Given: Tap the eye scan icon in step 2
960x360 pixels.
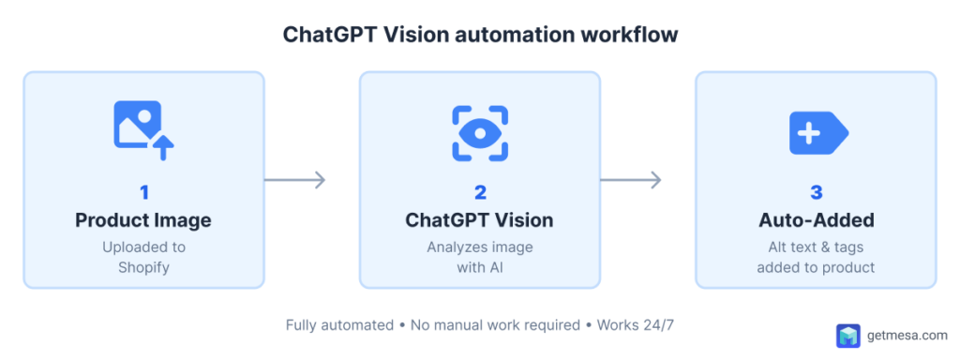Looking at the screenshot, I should (x=480, y=132).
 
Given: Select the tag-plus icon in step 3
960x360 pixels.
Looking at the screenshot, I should (x=817, y=133).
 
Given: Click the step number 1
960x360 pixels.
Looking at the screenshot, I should (x=144, y=192).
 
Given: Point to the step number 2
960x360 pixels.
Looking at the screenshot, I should (x=480, y=192).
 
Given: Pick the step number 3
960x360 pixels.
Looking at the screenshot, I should (x=816, y=192).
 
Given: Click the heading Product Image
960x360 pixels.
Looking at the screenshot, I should (x=143, y=221).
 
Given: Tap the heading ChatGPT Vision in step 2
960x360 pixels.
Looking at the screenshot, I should (x=479, y=221).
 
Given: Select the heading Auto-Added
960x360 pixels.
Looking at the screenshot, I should (x=816, y=221).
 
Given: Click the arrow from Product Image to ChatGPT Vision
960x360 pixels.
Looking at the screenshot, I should (x=294, y=180).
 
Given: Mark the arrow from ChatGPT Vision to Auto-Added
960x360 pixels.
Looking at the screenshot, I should (x=631, y=180).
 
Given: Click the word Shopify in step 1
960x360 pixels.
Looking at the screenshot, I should (x=143, y=266).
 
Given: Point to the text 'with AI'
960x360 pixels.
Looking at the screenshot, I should (x=480, y=266).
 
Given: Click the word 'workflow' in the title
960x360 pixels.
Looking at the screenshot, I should (x=631, y=36).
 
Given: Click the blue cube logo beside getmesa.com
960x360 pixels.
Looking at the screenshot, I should (x=847, y=336).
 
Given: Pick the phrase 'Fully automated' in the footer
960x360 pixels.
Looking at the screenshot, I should (x=339, y=325).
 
